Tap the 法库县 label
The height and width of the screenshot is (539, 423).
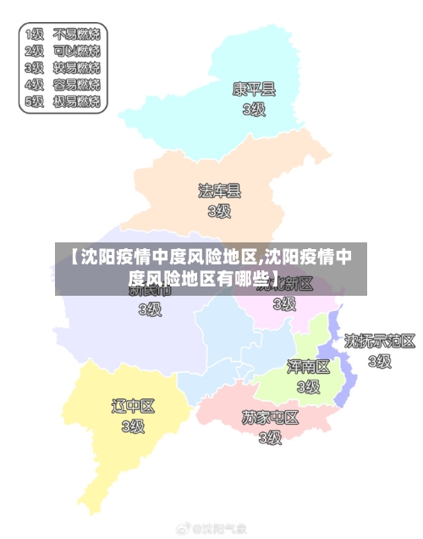tap(220, 191)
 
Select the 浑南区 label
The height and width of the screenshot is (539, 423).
tap(308, 366)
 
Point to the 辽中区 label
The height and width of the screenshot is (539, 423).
tap(133, 406)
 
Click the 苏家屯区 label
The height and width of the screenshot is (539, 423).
tap(270, 417)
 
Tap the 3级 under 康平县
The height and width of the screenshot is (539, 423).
tap(255, 109)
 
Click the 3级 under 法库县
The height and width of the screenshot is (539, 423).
tap(220, 210)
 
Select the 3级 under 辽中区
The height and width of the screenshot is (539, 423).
tap(133, 426)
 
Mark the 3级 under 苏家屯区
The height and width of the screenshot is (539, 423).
tap(270, 437)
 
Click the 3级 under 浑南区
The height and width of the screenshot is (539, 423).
tap(308, 386)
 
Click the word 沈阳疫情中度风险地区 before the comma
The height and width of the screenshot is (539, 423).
tap(166, 256)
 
